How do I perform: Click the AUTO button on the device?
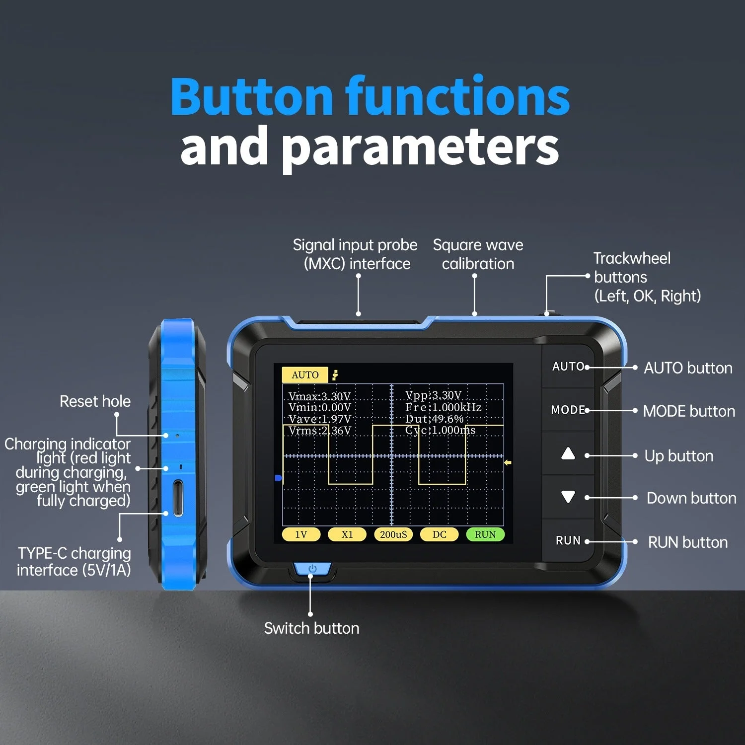(568, 367)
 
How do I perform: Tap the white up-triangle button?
(568, 453)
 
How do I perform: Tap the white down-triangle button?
(568, 497)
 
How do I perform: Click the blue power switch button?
(312, 569)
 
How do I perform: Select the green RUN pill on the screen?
(485, 534)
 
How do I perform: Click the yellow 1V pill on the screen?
(301, 534)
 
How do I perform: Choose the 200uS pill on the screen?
(393, 534)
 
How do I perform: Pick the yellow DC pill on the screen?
(440, 534)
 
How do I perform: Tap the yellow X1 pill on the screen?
(347, 534)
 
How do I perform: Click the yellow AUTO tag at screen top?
(305, 375)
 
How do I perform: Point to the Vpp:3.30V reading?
(433, 395)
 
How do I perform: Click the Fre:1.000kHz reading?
(443, 407)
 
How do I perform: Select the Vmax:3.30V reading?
(319, 396)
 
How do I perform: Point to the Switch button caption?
(311, 628)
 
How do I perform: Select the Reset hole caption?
(95, 401)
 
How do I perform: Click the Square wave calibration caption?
(478, 254)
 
